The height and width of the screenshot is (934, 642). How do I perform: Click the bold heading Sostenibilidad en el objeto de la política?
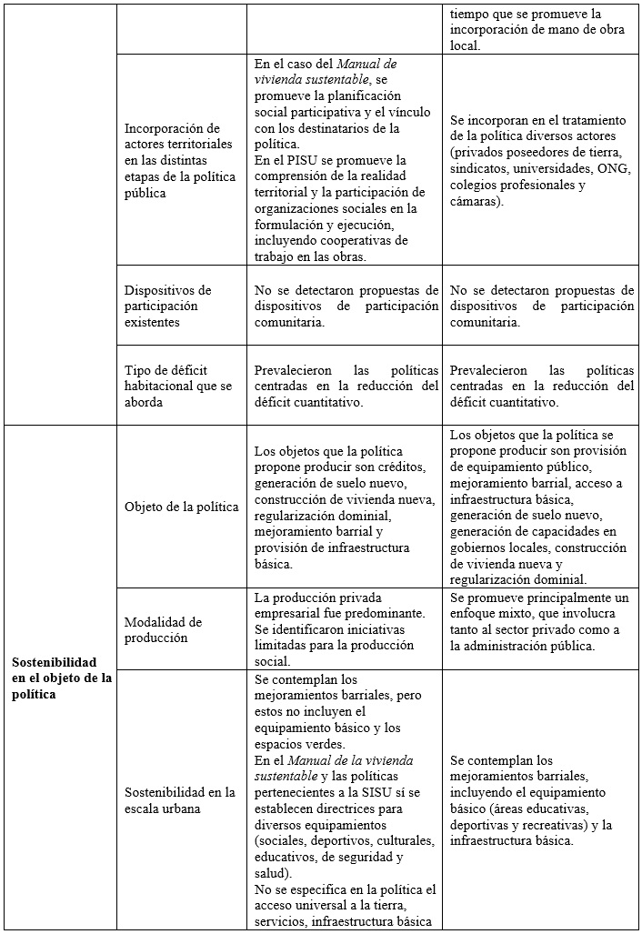point(60,678)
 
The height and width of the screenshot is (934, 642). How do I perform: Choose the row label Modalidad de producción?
point(164,629)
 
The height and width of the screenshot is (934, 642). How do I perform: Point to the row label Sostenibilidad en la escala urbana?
point(180,799)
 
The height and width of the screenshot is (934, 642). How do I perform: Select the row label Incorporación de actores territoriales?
point(178,160)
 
